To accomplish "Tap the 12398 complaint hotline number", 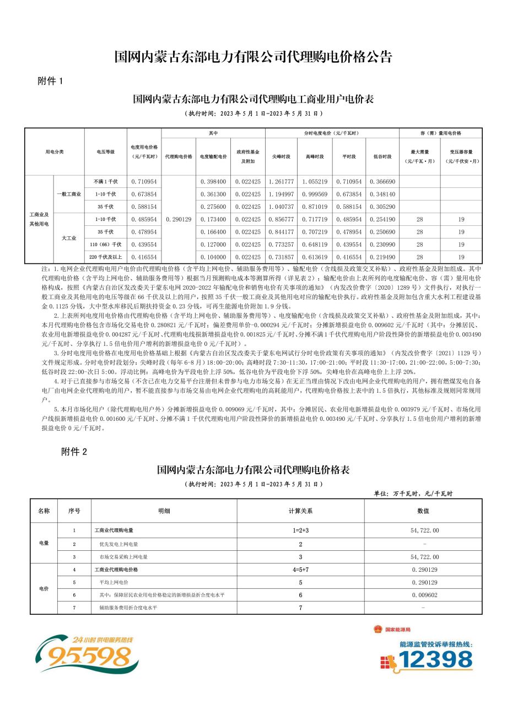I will pyautogui.click(x=435, y=659).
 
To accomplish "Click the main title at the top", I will pyautogui.click(x=253, y=57).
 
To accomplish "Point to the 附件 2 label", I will pyautogui.click(x=74, y=452).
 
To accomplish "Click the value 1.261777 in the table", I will pyautogui.click(x=281, y=181).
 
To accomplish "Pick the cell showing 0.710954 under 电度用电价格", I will pyautogui.click(x=144, y=181).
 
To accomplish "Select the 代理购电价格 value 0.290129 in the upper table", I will pyautogui.click(x=179, y=219).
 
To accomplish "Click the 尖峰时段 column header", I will pyautogui.click(x=281, y=156).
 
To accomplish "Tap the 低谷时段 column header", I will pyautogui.click(x=382, y=156).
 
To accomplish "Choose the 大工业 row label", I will pyautogui.click(x=69, y=238).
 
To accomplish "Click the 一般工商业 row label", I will pyautogui.click(x=69, y=194).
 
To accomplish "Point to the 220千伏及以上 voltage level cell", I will pyautogui.click(x=106, y=257).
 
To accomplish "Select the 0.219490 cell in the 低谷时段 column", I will pyautogui.click(x=382, y=257).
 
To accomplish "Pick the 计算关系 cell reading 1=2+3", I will pyautogui.click(x=300, y=530).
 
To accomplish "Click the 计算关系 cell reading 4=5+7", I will pyautogui.click(x=300, y=569).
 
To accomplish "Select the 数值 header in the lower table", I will pyautogui.click(x=423, y=511).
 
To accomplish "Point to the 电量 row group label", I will pyautogui.click(x=44, y=543).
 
